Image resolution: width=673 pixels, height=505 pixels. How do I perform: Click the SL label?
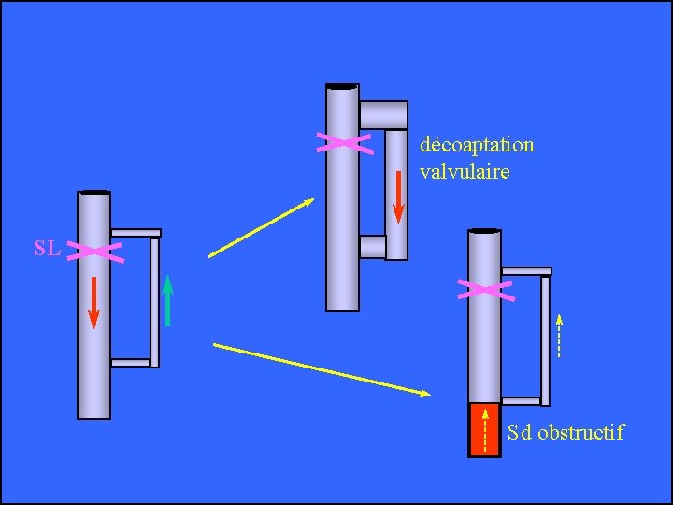pos(48,249)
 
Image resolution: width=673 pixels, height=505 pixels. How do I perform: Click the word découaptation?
pos(477,145)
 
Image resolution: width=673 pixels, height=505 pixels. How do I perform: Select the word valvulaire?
pos(465,171)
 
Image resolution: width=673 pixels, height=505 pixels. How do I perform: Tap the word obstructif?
pos(580,432)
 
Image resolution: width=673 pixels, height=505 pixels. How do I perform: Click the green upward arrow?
pos(167,300)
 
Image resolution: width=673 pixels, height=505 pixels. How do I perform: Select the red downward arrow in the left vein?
pos(93,302)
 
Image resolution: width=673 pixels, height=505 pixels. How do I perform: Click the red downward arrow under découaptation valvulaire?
pos(398,197)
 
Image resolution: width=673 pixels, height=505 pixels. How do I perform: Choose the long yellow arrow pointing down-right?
pos(322,369)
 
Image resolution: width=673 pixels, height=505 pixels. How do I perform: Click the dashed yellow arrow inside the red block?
pos(484,428)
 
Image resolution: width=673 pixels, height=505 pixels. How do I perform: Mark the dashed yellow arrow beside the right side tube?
pos(558,336)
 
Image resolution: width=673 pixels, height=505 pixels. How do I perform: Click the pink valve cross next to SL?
pos(94,251)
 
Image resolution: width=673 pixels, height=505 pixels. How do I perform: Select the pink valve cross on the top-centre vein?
pos(343,142)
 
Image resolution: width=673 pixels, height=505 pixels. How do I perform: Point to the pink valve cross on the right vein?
pos(484,289)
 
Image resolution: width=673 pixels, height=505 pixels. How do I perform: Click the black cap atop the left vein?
pos(94,193)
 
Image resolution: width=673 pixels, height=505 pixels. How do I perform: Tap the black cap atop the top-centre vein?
pos(342,86)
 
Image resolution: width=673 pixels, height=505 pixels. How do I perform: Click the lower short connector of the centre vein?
pos(372,246)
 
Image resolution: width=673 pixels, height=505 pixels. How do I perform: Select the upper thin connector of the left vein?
pos(136,233)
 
